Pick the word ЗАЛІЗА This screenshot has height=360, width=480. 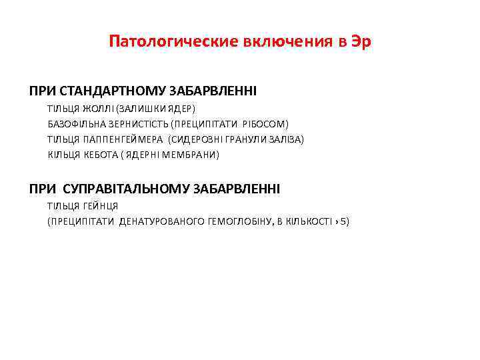click(285, 139)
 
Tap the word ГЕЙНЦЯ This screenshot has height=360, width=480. click(101, 206)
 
